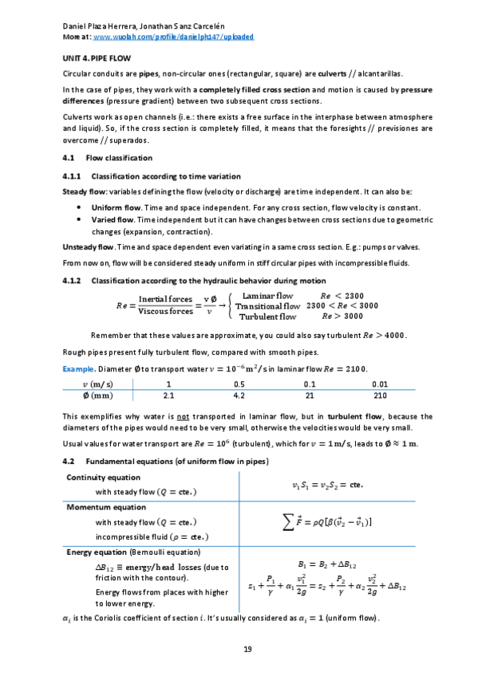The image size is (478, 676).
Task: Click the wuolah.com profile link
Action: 164,37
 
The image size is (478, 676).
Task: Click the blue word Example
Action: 79,368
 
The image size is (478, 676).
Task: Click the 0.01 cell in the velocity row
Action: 380,383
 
